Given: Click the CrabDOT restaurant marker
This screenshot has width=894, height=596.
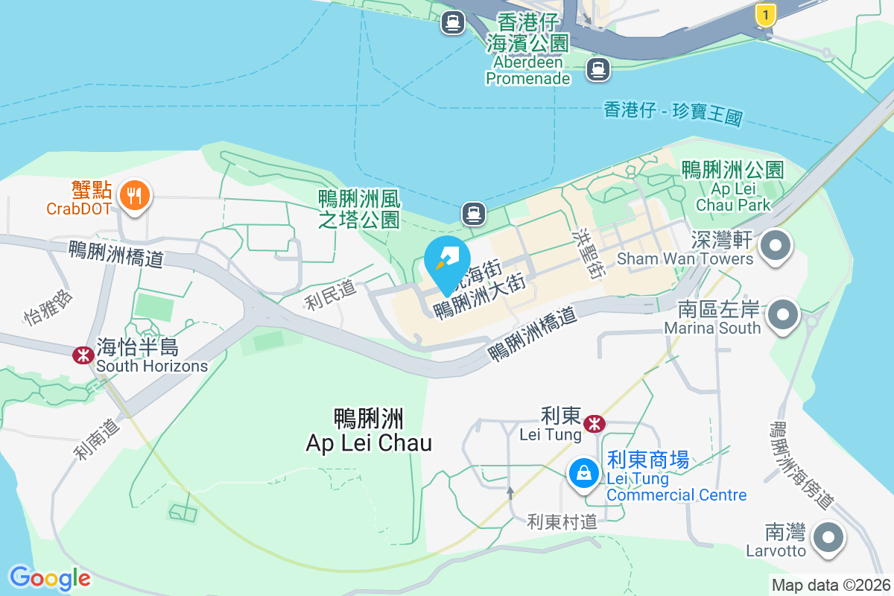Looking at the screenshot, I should (x=135, y=195).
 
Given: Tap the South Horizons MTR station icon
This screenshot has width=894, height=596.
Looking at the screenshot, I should (x=82, y=355).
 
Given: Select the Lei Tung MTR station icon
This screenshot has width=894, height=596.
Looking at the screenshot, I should (x=595, y=424).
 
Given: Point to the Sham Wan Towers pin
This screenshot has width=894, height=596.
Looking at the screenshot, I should (x=776, y=245).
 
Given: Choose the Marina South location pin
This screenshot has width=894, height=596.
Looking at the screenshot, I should (x=782, y=314).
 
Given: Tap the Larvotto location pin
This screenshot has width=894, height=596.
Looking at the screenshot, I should (x=827, y=537).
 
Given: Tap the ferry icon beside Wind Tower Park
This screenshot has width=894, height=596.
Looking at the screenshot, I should (x=474, y=214).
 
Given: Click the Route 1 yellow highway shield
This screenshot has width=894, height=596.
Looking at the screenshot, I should (x=764, y=14).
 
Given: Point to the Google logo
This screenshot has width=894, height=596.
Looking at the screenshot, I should (x=50, y=578).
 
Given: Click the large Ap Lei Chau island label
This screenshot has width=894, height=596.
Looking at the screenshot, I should (x=369, y=431).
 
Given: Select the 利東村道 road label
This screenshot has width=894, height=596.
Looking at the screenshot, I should (x=562, y=521).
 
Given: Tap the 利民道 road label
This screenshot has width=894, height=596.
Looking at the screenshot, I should (x=330, y=297).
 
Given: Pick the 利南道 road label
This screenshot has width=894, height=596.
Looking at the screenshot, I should (x=96, y=439).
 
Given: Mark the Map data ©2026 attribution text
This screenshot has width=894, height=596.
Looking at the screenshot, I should (x=831, y=586).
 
